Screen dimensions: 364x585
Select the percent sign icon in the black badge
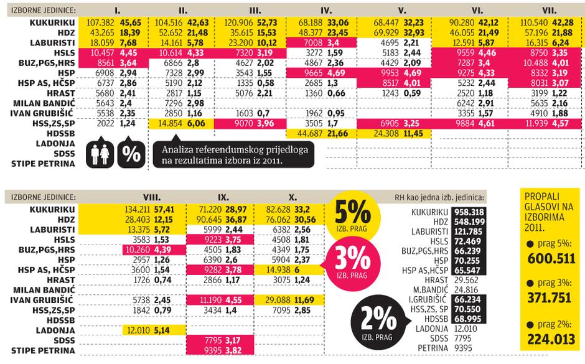tap(131, 154)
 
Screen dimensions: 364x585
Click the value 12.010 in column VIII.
tap(138, 329)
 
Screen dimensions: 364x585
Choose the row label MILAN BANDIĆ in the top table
tap(43, 103)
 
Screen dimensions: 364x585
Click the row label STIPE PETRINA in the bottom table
tap(43, 350)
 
